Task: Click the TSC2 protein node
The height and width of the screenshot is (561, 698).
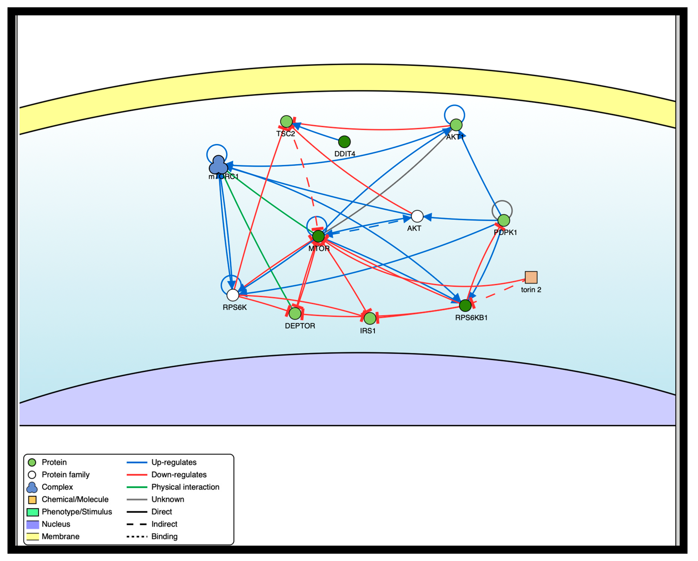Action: (x=286, y=122)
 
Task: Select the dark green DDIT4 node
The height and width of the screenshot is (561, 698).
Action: (x=344, y=142)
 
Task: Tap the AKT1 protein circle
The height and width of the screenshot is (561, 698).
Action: (x=456, y=125)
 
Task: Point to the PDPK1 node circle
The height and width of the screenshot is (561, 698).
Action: (x=503, y=221)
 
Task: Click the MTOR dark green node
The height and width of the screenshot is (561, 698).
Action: (x=319, y=236)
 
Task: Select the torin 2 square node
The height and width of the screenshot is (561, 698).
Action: (x=531, y=277)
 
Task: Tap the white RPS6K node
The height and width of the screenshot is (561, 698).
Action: (x=233, y=295)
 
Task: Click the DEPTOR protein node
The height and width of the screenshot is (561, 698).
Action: (x=295, y=313)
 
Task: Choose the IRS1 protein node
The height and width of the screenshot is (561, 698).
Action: (x=370, y=318)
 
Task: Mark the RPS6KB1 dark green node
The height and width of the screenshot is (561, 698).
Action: (x=465, y=305)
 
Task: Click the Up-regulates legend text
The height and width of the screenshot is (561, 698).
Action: (x=174, y=462)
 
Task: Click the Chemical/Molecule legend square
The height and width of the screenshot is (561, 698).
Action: (x=32, y=500)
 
